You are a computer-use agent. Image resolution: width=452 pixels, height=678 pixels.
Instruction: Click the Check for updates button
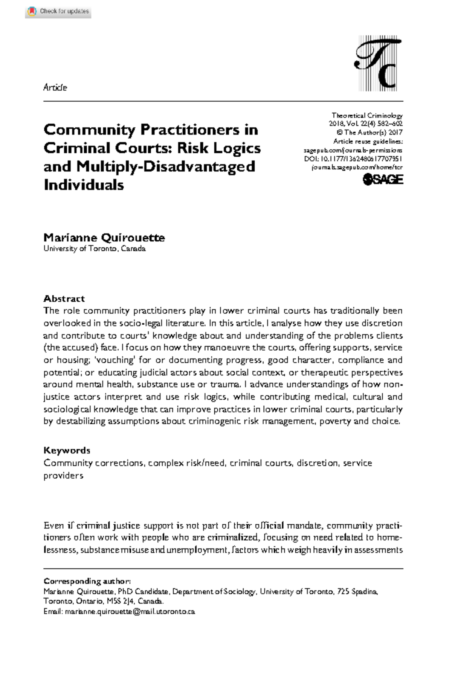click(58, 11)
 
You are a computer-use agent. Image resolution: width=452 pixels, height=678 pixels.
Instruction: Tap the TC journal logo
click(378, 63)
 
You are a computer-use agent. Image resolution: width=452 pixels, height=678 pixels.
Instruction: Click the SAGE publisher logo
click(383, 180)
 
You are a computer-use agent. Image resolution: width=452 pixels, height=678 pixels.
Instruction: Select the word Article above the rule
click(55, 87)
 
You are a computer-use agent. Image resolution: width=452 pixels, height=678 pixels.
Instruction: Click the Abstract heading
click(64, 299)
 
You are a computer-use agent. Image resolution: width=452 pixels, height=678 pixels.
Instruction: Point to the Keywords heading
click(67, 450)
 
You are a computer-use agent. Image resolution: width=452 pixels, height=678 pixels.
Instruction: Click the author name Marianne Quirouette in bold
click(104, 238)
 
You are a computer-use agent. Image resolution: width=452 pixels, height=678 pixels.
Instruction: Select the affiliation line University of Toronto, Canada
click(94, 249)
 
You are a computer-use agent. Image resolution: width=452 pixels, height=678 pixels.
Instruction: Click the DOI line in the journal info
click(353, 159)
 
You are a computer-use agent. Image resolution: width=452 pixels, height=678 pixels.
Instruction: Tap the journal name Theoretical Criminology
click(367, 116)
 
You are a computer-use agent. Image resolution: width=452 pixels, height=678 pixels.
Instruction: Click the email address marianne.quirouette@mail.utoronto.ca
click(130, 611)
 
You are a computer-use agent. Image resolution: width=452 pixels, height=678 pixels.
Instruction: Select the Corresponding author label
click(87, 581)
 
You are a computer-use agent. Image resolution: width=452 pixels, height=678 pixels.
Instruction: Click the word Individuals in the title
click(84, 185)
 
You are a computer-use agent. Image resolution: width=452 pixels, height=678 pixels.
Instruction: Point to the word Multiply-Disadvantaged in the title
click(166, 166)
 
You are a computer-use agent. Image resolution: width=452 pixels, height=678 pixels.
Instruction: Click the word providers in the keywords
click(63, 475)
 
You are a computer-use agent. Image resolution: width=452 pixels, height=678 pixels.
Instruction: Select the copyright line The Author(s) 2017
click(369, 132)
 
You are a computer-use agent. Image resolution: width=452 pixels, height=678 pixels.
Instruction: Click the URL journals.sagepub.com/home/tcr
click(357, 168)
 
